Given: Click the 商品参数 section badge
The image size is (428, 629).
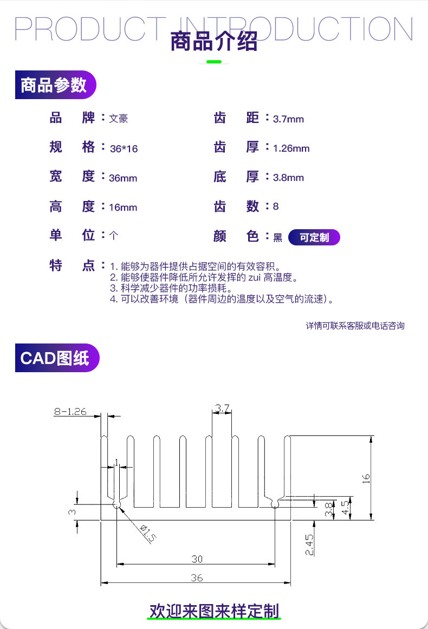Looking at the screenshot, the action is [55, 85].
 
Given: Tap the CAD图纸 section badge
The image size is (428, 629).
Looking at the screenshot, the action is [57, 358].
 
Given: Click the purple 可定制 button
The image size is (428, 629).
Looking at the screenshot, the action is [314, 237].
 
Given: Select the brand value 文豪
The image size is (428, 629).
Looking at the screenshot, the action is [118, 118].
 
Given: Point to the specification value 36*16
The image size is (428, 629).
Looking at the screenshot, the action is [124, 149].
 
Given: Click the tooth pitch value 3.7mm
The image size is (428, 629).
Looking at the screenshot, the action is [288, 119].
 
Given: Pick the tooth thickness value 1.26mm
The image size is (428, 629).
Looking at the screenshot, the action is [291, 148].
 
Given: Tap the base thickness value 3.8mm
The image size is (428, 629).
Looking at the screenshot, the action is [288, 178].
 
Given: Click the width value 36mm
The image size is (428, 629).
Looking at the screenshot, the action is [123, 178].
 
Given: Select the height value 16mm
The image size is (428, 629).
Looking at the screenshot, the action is [123, 207].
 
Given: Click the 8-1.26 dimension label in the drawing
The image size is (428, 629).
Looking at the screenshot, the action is [70, 412].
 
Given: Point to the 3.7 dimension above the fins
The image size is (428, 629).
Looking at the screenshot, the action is [222, 408].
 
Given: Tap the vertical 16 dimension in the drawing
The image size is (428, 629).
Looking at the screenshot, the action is [366, 478].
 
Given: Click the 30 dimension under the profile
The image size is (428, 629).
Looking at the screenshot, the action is [197, 559].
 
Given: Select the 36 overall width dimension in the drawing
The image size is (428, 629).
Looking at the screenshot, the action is [197, 578].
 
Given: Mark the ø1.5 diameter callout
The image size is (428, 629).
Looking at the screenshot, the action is [147, 533].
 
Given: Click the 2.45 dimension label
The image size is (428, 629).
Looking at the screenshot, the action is [309, 545].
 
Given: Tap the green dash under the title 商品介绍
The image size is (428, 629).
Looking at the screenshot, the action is [214, 62].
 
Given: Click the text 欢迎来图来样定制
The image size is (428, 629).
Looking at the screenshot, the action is [214, 611].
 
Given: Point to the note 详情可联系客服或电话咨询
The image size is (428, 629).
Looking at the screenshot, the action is [355, 326].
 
